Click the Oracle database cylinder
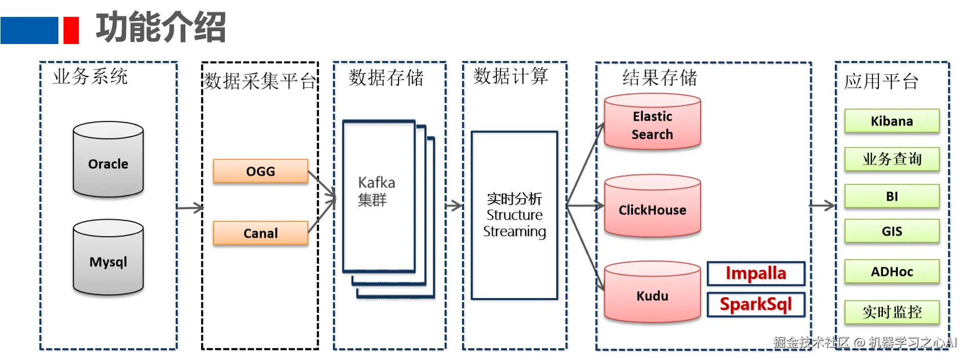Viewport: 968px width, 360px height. coord(108,160)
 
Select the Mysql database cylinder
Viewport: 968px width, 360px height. coord(108,258)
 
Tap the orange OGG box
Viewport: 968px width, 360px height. coord(260,171)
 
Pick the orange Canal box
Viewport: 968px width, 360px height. coord(260,233)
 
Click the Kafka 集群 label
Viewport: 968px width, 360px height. coord(376,191)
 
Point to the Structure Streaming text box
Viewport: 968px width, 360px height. coord(514,215)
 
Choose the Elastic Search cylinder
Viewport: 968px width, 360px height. coord(652,123)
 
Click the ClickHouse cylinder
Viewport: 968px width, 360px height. coord(652,207)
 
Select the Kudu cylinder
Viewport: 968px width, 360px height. coord(652,293)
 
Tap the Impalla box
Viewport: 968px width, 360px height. coord(755,273)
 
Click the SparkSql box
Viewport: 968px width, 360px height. coord(755,304)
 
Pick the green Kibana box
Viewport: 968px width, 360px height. coord(892,121)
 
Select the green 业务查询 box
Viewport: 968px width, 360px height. coord(892,159)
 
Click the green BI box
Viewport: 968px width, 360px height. coord(892,196)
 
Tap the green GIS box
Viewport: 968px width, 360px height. coord(892,231)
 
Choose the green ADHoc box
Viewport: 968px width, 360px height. coord(892,271)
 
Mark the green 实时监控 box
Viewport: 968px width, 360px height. coord(892,312)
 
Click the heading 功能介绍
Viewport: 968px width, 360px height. coord(161,28)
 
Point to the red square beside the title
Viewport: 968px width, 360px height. coord(71,30)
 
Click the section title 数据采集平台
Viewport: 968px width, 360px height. coord(260,81)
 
